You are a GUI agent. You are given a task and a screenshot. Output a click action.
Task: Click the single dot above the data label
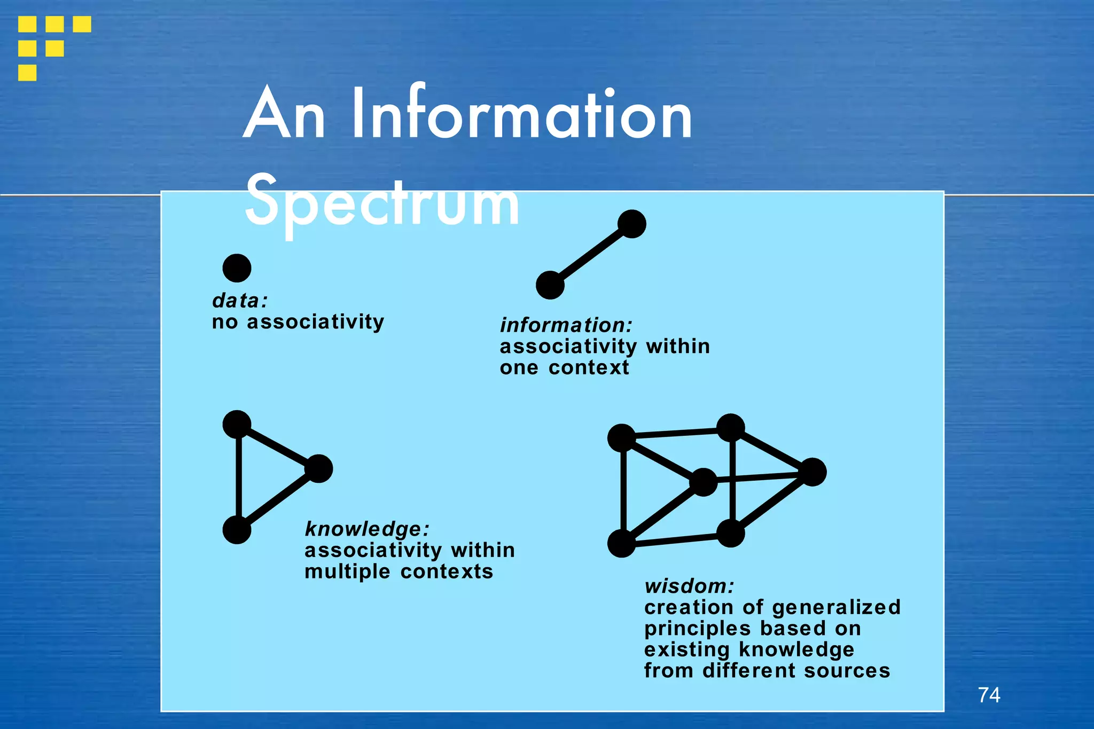[x=237, y=268]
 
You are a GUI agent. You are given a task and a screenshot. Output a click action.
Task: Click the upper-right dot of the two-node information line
[x=632, y=224]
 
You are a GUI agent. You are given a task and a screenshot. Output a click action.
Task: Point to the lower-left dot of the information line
[x=550, y=285]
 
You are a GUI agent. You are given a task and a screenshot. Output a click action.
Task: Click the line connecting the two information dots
[x=591, y=254]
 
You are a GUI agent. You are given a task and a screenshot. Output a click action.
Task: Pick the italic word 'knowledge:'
[x=367, y=529]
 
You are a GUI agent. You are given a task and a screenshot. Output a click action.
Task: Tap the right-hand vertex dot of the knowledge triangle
[x=319, y=469]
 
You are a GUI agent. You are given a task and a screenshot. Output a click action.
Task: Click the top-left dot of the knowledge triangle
[x=237, y=425]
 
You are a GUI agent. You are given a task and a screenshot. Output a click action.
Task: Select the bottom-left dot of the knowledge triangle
[x=237, y=530]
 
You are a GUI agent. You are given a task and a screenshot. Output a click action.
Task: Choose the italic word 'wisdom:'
[x=689, y=586]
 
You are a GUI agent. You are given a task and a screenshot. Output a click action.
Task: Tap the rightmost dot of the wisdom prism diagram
[x=812, y=472]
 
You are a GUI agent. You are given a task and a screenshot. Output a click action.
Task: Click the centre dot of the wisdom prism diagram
[x=704, y=482]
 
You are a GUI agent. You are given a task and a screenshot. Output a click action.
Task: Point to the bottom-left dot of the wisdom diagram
[x=622, y=544]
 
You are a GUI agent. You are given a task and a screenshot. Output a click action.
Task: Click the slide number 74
[x=989, y=695]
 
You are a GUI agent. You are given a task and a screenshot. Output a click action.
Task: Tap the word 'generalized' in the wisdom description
[x=836, y=608]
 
